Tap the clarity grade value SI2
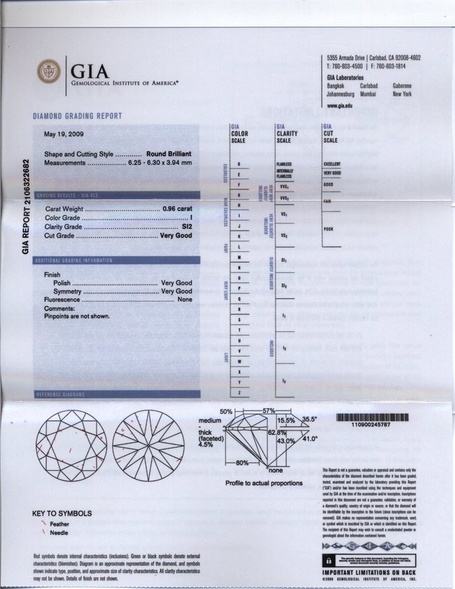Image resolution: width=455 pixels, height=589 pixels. [187, 226]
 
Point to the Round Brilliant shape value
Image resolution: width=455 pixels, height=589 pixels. [168, 155]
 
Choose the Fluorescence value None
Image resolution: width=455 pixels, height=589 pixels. [185, 300]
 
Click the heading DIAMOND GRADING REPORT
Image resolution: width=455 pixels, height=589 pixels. [77, 116]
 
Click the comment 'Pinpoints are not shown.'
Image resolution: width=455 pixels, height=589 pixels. [77, 316]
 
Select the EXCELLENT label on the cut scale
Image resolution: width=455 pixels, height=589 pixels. [332, 164]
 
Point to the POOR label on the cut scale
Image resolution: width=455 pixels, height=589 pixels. [330, 229]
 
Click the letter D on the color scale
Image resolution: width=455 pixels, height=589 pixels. [238, 165]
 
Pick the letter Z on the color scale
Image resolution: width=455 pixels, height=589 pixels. [238, 392]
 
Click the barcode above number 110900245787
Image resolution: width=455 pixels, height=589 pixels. [371, 417]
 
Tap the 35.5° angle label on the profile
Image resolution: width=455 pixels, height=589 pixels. [310, 418]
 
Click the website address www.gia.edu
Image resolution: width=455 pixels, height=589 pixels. [339, 105]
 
